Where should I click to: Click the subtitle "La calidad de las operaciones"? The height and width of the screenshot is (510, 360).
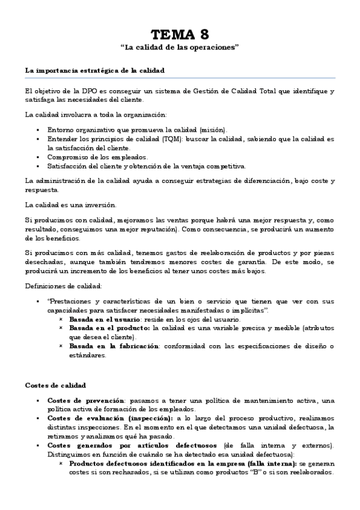(x=180, y=47)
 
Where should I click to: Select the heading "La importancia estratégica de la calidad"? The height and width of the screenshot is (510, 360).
(x=94, y=70)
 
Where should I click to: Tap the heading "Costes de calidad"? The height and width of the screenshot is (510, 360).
(x=56, y=384)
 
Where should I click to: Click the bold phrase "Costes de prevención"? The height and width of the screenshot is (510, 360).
(x=85, y=401)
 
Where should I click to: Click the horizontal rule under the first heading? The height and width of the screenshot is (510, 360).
(x=180, y=77)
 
